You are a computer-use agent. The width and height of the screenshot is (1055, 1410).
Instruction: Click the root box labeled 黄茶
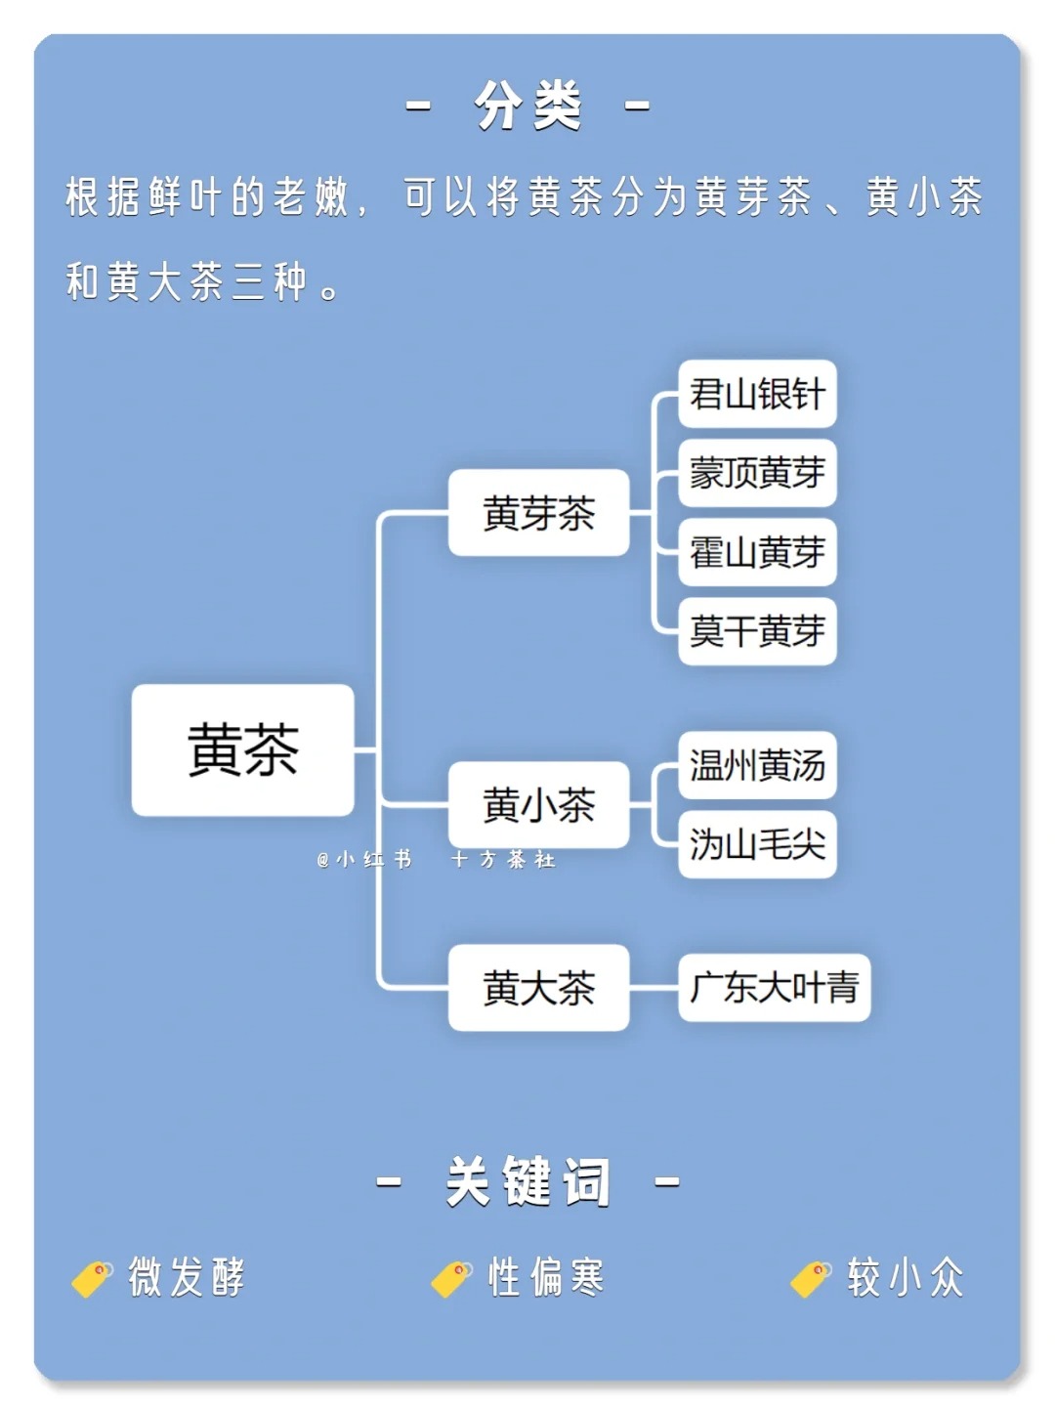tap(242, 749)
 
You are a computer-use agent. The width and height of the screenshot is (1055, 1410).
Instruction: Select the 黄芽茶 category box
tap(538, 512)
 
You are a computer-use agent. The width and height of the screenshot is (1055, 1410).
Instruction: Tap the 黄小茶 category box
tap(538, 804)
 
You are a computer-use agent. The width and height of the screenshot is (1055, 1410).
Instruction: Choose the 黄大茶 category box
tap(538, 987)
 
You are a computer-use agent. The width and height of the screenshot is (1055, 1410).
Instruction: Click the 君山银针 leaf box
tap(757, 394)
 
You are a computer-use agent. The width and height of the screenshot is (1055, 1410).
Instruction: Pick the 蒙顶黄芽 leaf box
tap(757, 473)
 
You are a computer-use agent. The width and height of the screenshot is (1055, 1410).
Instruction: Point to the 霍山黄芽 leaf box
tap(757, 552)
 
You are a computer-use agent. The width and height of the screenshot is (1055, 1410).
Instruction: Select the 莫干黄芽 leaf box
tap(757, 631)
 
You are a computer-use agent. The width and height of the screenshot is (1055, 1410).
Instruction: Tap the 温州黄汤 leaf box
tap(757, 765)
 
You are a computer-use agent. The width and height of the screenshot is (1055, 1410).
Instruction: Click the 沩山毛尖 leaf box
tap(757, 844)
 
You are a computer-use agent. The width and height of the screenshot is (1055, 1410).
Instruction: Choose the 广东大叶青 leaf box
tap(774, 987)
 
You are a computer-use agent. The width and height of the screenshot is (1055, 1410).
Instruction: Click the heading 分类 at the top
tap(527, 106)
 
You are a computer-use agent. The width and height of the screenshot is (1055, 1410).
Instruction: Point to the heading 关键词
tap(527, 1180)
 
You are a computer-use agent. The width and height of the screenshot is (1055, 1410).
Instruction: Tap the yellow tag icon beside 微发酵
tap(92, 1278)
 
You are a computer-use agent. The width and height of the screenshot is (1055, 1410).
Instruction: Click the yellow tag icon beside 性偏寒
tap(451, 1278)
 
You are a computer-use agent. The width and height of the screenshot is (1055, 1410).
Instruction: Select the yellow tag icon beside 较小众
tap(811, 1278)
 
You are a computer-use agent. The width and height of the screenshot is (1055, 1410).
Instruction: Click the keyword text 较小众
tap(906, 1277)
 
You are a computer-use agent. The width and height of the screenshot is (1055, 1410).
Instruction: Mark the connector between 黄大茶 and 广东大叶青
tap(654, 987)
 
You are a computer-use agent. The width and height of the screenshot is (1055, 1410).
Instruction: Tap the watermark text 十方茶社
tap(503, 859)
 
